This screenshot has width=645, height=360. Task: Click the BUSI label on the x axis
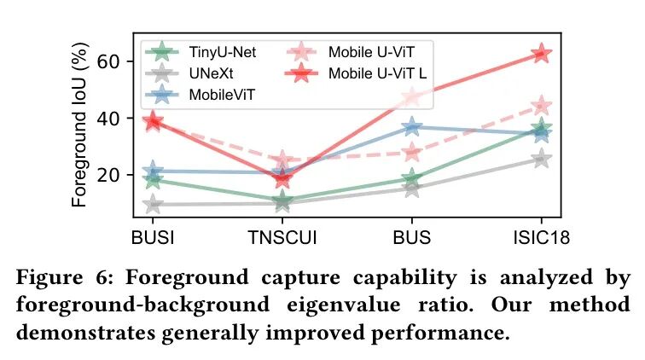pos(153,236)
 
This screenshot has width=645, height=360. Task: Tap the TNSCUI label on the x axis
pos(282,236)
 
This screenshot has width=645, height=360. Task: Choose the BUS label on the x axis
pos(412,236)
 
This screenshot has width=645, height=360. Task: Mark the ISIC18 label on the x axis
pos(541,236)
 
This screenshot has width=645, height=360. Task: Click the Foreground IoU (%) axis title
pos(80,128)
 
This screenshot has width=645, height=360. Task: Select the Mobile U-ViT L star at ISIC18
pos(541,55)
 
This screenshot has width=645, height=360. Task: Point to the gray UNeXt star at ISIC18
pos(541,159)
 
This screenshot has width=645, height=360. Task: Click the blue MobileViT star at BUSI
pos(153,171)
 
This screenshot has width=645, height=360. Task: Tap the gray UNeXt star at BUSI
pos(153,204)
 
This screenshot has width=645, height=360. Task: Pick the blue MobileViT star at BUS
pos(412,127)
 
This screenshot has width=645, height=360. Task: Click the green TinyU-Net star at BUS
pos(412,178)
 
